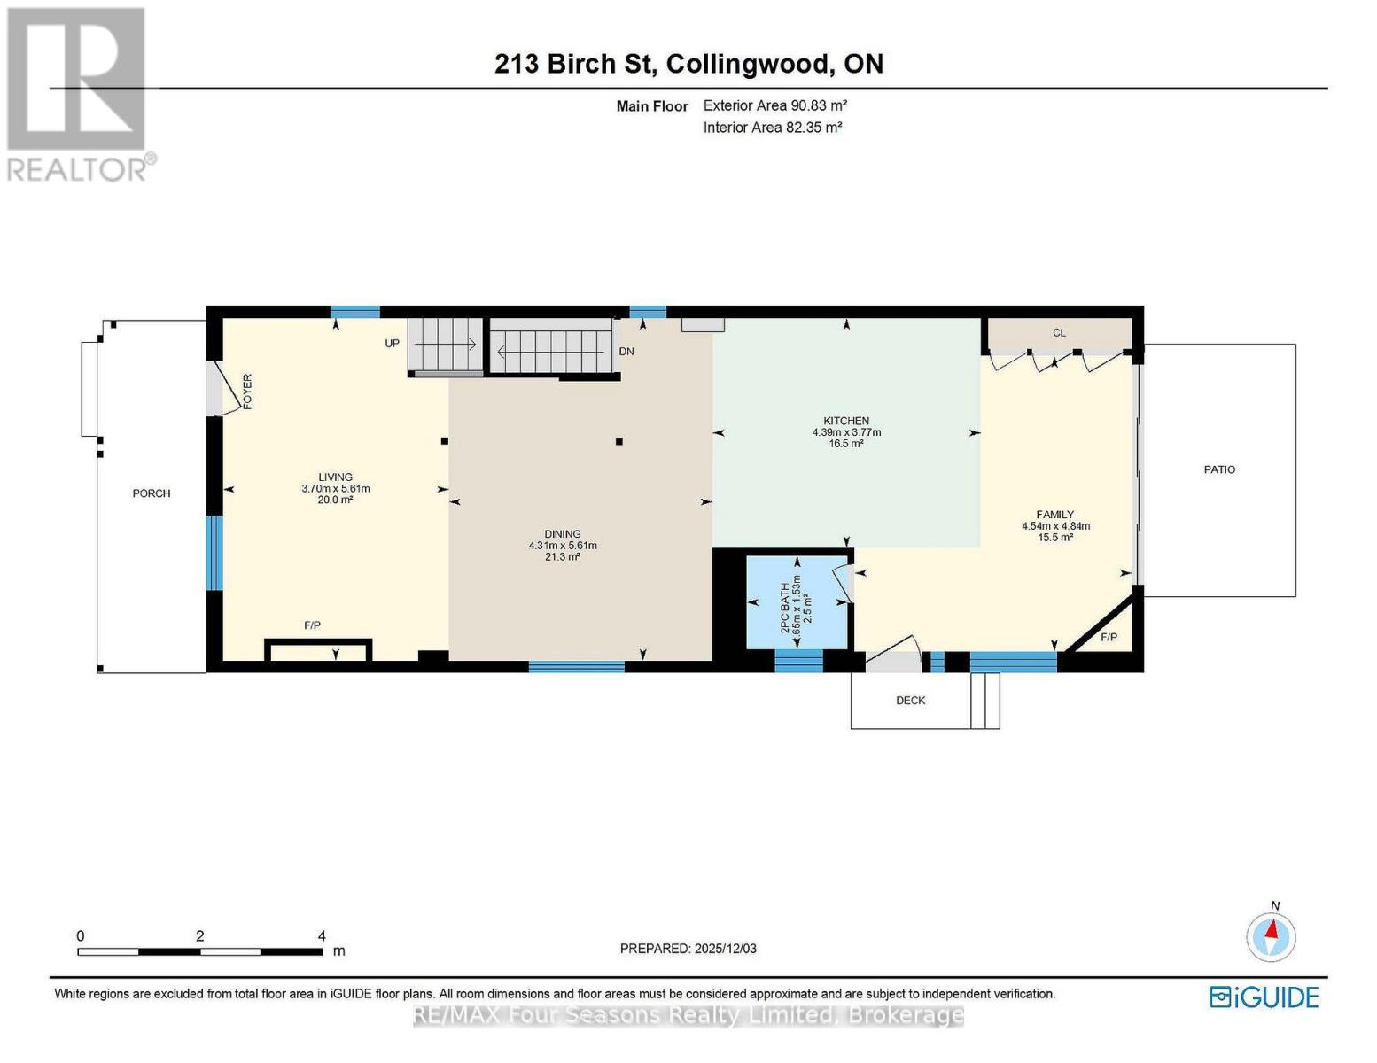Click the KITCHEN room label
coord(846,422)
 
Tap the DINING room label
coord(563,534)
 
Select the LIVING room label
coord(336,477)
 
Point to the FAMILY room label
coord(1054,515)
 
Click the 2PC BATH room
coord(796,602)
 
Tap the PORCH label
coord(152,493)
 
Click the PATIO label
coord(1219,469)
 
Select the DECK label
coord(910,701)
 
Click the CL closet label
coord(1059,333)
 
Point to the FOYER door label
coord(248,391)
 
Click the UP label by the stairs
coord(393,344)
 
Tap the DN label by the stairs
coord(626,352)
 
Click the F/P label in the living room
coord(312,625)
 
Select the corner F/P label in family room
coord(1109,638)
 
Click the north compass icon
coord(1272,935)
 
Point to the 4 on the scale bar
coord(322,936)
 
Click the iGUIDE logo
coord(1264,997)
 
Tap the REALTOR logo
coord(78,93)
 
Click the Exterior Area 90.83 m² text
coord(775,105)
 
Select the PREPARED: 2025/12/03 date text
coord(688,949)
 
